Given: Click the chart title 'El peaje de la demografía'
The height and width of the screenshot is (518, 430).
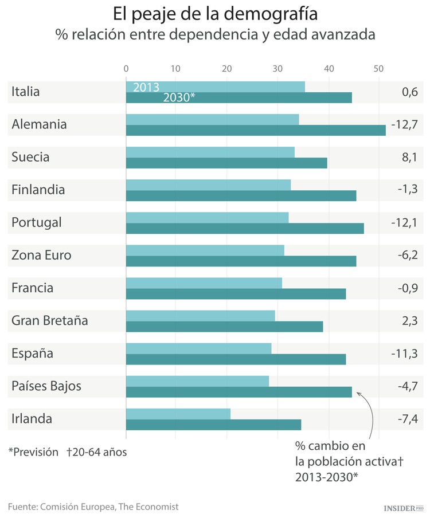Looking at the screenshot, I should [x=215, y=13].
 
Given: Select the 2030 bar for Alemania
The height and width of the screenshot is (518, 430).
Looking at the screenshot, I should [x=256, y=130].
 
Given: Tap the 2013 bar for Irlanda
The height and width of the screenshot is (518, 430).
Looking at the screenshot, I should [x=178, y=414].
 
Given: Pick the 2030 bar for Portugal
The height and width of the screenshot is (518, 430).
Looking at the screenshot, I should [x=245, y=228].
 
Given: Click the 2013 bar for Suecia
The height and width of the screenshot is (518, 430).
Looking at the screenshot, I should [x=210, y=152].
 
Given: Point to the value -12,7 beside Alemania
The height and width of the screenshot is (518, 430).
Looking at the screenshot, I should [x=404, y=124].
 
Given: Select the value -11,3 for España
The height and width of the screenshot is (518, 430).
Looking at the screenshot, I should [x=404, y=353].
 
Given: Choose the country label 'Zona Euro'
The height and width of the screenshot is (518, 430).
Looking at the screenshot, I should [x=41, y=255].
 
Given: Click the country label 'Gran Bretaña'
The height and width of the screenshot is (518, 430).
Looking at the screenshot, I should [x=50, y=320].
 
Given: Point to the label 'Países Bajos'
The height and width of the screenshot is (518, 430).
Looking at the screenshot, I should [x=46, y=386].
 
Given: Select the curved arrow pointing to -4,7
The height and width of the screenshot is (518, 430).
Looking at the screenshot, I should [x=370, y=413].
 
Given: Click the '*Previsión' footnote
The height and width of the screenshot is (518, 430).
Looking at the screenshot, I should [x=33, y=452].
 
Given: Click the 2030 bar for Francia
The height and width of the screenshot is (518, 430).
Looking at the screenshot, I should [x=236, y=293].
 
